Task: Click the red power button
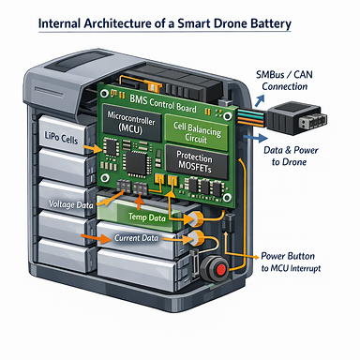coord(221,269)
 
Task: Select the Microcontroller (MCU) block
coord(131,123)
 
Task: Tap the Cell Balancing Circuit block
coord(197,132)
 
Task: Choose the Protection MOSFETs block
coord(196,161)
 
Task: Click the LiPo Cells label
coord(61,137)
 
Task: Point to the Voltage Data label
coord(71,204)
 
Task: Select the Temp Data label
coord(147,217)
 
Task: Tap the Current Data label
coord(136,238)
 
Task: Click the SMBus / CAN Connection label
coord(284,81)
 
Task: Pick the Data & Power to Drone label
coord(291,156)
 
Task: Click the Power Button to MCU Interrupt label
coord(291,262)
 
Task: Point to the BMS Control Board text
coord(163,103)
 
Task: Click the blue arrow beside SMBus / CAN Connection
coord(260,100)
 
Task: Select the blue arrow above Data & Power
coord(256,138)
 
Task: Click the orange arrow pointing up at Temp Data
coord(140,202)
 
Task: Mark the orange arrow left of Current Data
coord(96,238)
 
